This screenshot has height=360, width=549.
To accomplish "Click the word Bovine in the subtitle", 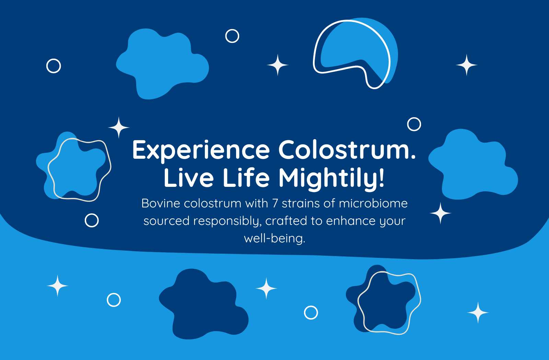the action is coord(161,203).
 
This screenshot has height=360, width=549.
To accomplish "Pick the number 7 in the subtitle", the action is coord(275,203).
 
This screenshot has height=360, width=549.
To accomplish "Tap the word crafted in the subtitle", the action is coord(286,221).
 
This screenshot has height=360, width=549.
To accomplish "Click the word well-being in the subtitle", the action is coord(274,239).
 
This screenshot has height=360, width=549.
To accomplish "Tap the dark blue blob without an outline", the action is coord(204,304).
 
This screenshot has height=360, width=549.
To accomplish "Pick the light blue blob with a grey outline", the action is coord(73,167).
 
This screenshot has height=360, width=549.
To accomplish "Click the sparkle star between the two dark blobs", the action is coord(266,288).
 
